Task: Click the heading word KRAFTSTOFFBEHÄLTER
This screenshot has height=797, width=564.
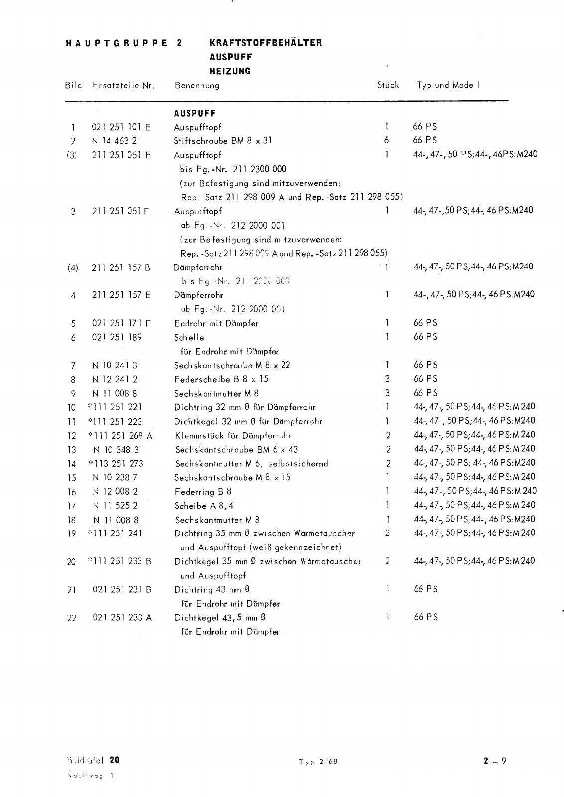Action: [266, 43]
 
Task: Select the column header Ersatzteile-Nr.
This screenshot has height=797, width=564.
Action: [124, 85]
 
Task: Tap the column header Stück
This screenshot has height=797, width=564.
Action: [388, 85]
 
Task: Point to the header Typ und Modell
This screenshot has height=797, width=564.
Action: [447, 85]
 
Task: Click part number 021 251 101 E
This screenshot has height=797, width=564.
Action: [121, 127]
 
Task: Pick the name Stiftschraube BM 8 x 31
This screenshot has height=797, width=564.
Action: [223, 141]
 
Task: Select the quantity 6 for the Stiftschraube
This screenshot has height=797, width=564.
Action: [386, 141]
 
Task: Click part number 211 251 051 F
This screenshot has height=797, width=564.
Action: [121, 211]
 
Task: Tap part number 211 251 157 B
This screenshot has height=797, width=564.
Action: [121, 268]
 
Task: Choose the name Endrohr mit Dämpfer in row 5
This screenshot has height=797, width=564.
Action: [216, 324]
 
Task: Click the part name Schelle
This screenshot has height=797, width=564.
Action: [189, 338]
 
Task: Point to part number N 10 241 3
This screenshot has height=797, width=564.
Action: [115, 365]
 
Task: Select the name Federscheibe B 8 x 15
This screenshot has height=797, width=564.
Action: [221, 379]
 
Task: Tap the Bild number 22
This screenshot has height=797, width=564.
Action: [72, 618]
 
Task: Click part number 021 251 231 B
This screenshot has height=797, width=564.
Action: [122, 590]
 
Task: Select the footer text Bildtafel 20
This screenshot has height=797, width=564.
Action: [93, 760]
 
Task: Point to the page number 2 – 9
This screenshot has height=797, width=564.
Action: [494, 761]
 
